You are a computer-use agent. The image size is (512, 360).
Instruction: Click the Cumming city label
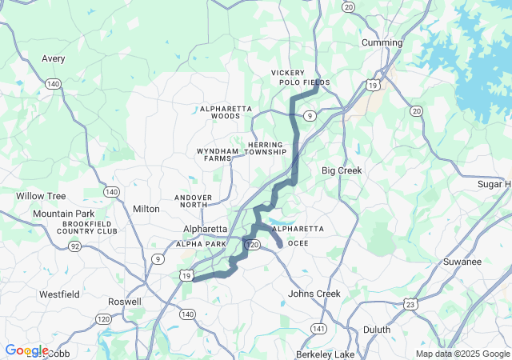click(382, 42)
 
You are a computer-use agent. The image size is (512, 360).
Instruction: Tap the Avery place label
click(54, 58)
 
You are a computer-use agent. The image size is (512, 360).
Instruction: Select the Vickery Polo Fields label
click(300, 78)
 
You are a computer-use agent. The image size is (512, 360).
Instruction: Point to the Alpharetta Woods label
click(226, 112)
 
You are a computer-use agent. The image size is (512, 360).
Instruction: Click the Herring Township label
click(266, 148)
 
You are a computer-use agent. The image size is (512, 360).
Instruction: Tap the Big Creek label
click(342, 170)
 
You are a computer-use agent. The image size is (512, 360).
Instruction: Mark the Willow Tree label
click(41, 196)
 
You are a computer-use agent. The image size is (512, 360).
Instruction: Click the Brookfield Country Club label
click(87, 227)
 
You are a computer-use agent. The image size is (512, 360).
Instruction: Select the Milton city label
click(146, 209)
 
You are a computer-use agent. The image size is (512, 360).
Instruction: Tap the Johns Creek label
click(314, 294)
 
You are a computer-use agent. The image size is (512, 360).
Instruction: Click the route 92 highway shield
click(74, 246)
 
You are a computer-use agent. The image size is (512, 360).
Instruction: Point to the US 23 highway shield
click(410, 304)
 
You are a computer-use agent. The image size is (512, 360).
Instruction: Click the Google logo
click(26, 350)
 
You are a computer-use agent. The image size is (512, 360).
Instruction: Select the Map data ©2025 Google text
click(462, 354)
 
